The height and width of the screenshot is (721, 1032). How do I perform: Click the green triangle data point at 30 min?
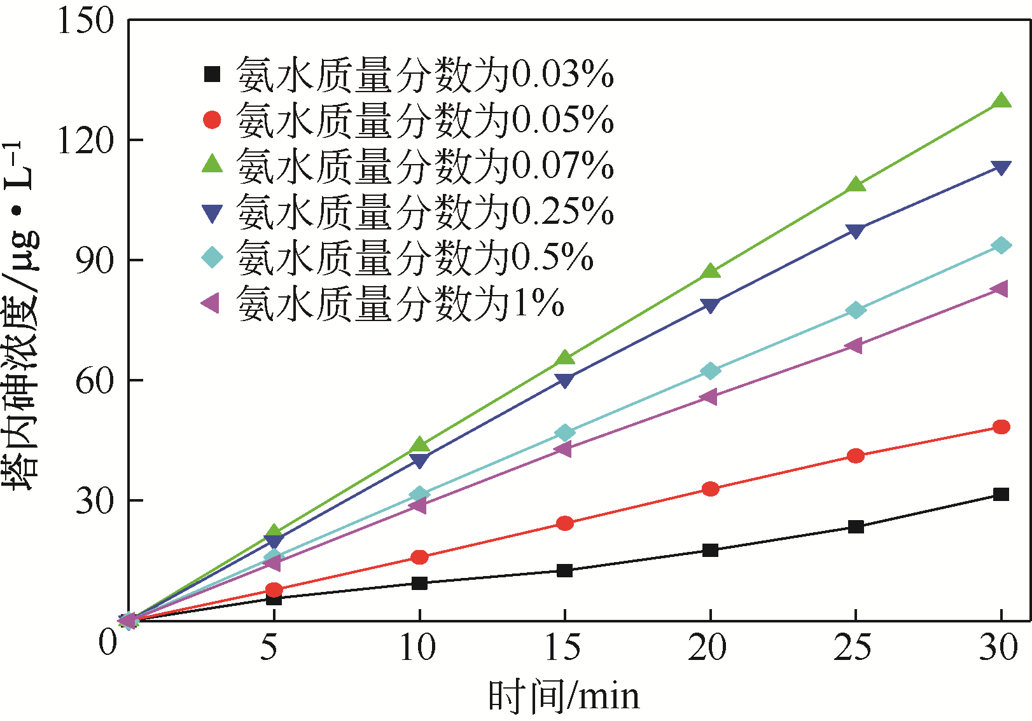(1001, 101)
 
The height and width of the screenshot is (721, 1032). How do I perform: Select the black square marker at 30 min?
(1001, 494)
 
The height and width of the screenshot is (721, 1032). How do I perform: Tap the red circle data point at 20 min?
(710, 489)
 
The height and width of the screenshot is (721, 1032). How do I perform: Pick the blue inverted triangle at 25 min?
(856, 231)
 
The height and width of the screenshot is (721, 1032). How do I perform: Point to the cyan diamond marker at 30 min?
(1001, 245)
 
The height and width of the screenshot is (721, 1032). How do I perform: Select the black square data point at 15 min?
(564, 570)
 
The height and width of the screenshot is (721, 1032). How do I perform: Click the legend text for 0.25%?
(425, 211)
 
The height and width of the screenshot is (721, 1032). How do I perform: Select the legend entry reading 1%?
(401, 303)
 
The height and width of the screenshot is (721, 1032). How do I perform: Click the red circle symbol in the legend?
(212, 120)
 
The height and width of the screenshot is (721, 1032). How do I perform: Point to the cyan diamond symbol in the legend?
(212, 257)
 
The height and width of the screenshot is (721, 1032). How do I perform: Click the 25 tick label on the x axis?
(853, 648)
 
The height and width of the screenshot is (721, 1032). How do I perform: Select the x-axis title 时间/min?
(564, 697)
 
